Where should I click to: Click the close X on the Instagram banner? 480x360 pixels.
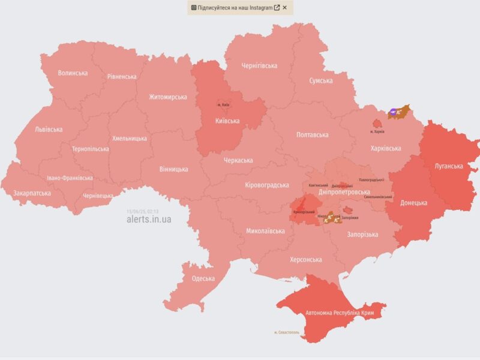(285, 8)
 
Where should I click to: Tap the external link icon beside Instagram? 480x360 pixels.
(277, 8)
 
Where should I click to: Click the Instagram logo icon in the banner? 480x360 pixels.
(194, 8)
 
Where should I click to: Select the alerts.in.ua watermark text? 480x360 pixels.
(148, 220)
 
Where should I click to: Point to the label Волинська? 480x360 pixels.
(73, 73)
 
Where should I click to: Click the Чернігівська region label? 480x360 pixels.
(259, 65)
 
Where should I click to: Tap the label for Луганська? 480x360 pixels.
(448, 166)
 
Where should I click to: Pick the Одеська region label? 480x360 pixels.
(203, 278)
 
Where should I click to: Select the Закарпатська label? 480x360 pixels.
(32, 194)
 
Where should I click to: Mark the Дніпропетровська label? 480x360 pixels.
(344, 192)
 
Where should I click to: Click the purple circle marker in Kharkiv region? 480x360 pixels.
(393, 111)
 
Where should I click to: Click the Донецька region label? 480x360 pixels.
(413, 203)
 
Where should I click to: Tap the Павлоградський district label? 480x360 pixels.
(370, 180)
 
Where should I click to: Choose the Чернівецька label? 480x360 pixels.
(98, 196)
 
